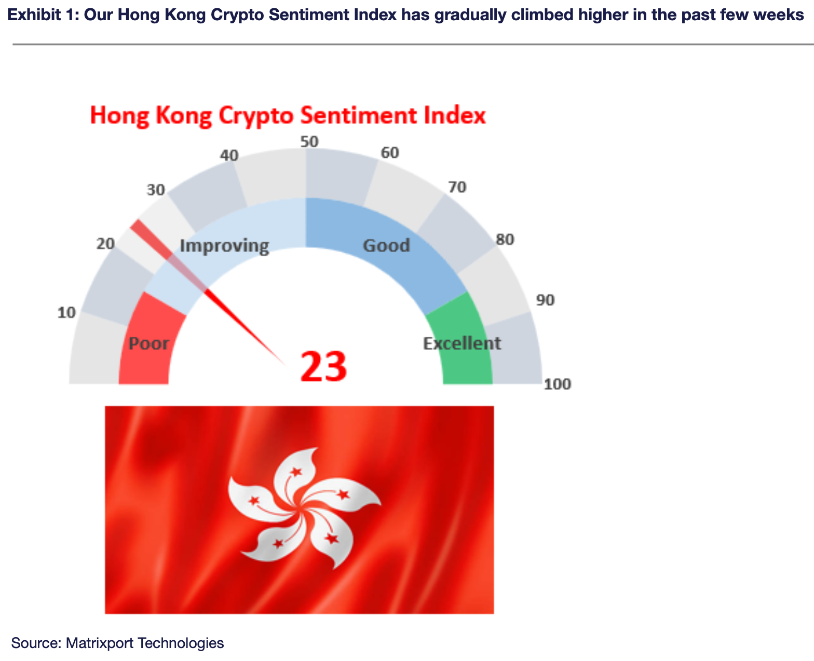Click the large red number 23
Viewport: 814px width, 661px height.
click(323, 367)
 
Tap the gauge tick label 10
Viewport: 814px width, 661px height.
click(66, 313)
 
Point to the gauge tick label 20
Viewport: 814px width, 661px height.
click(105, 244)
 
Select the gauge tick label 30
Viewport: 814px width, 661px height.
click(156, 190)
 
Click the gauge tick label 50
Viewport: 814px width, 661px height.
click(309, 142)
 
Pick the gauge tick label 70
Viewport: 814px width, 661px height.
click(457, 187)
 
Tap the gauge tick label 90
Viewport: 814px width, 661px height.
click(545, 300)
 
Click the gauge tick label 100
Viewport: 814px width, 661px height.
click(558, 384)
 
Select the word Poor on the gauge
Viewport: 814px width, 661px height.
click(148, 343)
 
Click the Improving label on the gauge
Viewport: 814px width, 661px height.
click(225, 246)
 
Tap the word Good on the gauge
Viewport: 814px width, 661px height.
click(386, 245)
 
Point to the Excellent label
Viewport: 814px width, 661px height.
click(462, 343)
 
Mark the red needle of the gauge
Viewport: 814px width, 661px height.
click(208, 293)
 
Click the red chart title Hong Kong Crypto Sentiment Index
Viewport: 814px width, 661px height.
click(288, 115)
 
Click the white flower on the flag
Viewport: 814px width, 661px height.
click(304, 508)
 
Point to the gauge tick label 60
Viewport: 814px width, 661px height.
click(390, 153)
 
